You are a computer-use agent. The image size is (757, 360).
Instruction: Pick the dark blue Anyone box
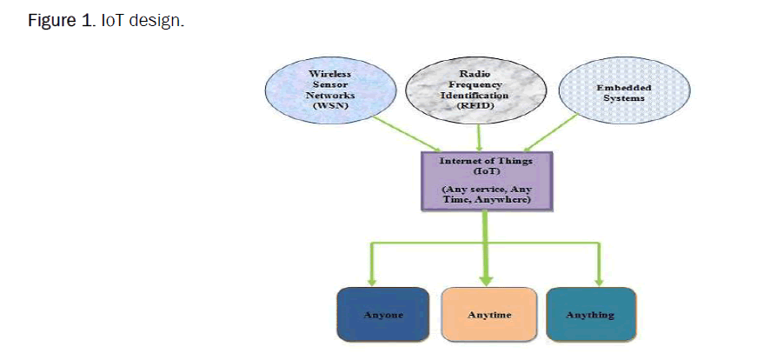[382, 314]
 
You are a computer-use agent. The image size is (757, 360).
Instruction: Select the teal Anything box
[590, 314]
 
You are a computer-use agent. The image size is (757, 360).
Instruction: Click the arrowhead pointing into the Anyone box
[372, 279]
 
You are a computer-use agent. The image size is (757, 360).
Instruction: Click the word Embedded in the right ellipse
[623, 88]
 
